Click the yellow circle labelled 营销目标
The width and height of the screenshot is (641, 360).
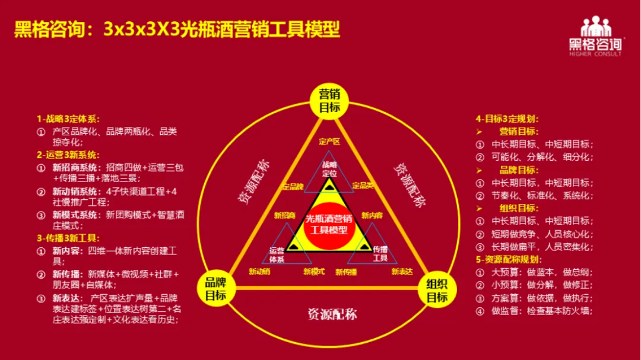click(x=329, y=101)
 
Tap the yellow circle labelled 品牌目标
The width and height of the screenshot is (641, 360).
click(x=215, y=289)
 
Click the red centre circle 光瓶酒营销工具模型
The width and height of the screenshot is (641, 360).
click(x=329, y=224)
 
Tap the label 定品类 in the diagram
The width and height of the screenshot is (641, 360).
click(x=363, y=186)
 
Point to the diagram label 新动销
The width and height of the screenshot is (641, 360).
click(x=259, y=272)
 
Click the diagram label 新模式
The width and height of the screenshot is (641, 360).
click(x=314, y=272)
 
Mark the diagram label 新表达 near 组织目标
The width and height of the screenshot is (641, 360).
click(x=402, y=272)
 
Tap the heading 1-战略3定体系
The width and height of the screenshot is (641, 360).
click(x=68, y=119)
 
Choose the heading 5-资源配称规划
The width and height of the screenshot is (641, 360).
click(x=508, y=259)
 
